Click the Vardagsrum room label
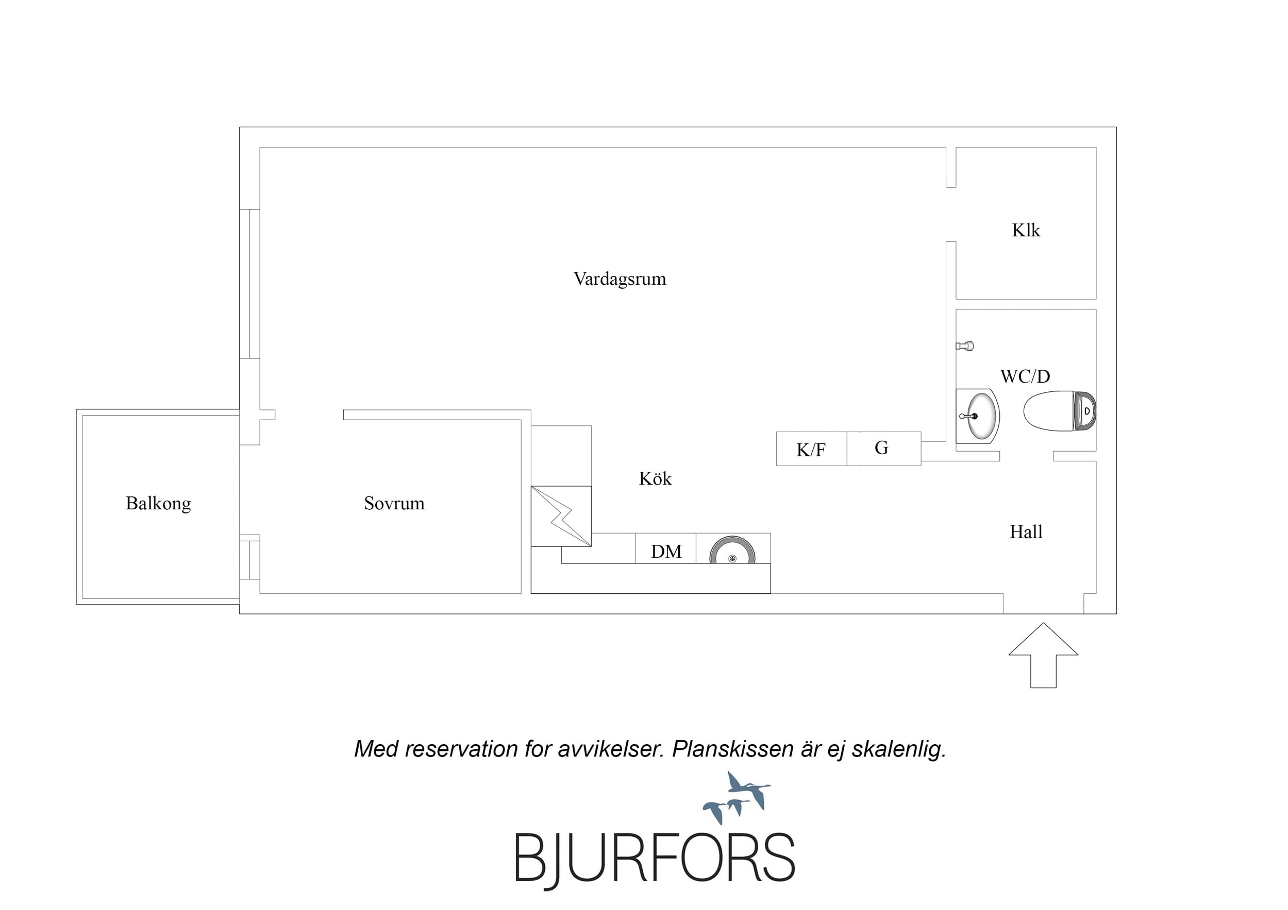[620, 279]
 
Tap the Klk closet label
[1026, 230]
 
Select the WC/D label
[1025, 376]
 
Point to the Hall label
[1026, 531]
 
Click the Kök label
[655, 478]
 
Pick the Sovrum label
[394, 503]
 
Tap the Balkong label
[158, 504]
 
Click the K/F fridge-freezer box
[811, 449]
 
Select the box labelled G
[883, 449]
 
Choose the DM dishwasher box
[666, 548]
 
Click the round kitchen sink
[732, 551]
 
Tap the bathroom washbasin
[977, 416]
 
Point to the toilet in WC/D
[1059, 411]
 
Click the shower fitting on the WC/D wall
[965, 346]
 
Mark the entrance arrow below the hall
[1043, 655]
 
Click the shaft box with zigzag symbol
[561, 516]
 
